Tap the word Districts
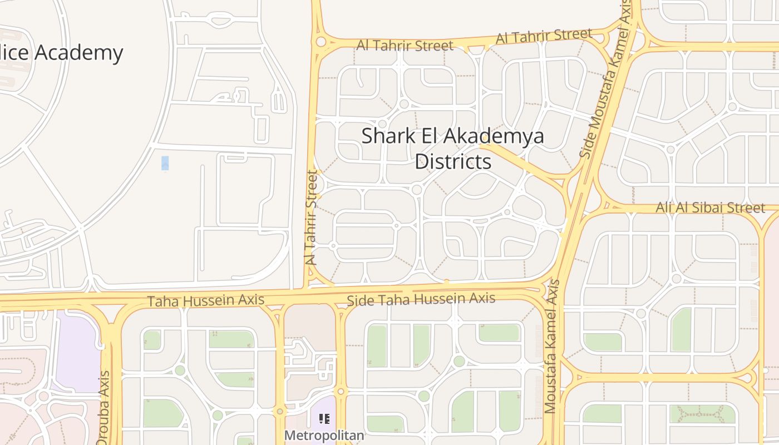pos(453,162)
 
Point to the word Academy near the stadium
pos(78,53)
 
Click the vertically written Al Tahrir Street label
pos(312,217)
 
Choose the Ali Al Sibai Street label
pos(711,208)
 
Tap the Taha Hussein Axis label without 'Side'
pos(205,301)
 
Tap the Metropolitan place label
pos(324,435)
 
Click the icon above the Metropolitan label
pos(324,419)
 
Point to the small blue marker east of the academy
pos(165,164)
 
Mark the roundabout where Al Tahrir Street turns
pos(321,42)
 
